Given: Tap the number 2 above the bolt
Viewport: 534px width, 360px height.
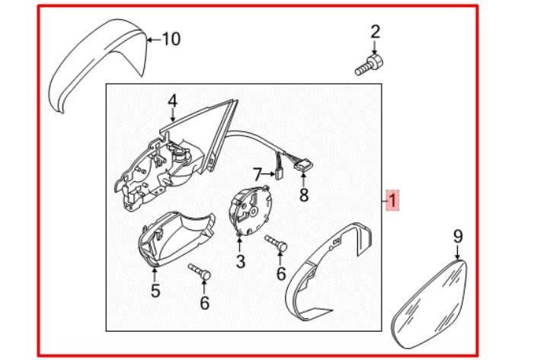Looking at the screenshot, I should pos(375,32).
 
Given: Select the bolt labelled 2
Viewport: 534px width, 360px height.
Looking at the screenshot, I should pos(369,64).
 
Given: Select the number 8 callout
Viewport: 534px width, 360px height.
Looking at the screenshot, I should pos(304,196).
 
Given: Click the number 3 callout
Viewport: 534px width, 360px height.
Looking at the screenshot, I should pos(240,263).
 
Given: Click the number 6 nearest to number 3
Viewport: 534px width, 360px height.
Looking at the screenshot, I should pos(280,273).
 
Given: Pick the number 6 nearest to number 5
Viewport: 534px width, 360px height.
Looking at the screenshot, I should pos(204,303).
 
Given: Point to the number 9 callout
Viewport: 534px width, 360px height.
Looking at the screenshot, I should pos(458,237).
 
